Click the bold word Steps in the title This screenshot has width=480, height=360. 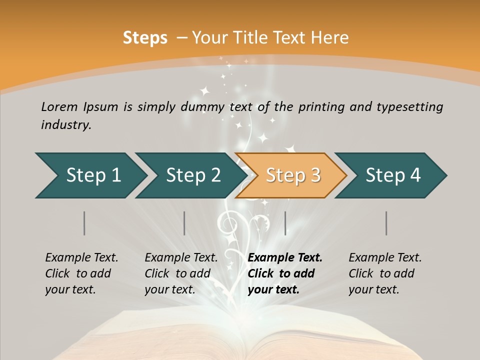tap(145, 38)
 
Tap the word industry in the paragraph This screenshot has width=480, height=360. tap(65, 124)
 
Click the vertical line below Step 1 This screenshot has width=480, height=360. tap(84, 223)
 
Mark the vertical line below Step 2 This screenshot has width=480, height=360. tap(184, 223)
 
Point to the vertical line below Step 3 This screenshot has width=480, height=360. tap(285, 223)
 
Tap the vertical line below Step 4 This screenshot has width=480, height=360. tap(386, 223)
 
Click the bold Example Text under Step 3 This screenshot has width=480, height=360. tap(285, 257)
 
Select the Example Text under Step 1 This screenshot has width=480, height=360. tap(81, 257)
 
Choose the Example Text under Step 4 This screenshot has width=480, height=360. tap(385, 257)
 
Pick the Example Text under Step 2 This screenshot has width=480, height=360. tap(181, 257)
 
